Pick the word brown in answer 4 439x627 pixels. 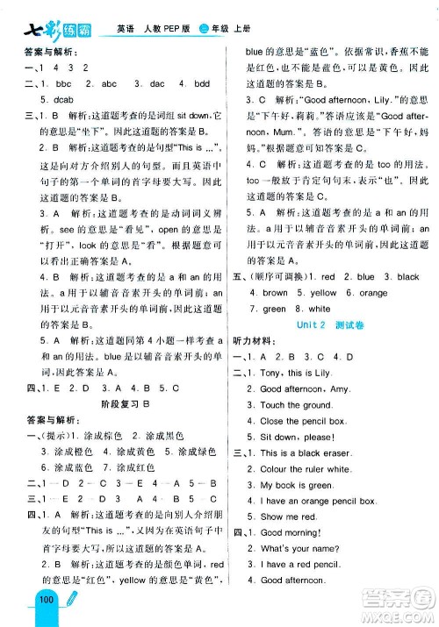pos(275,293)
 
